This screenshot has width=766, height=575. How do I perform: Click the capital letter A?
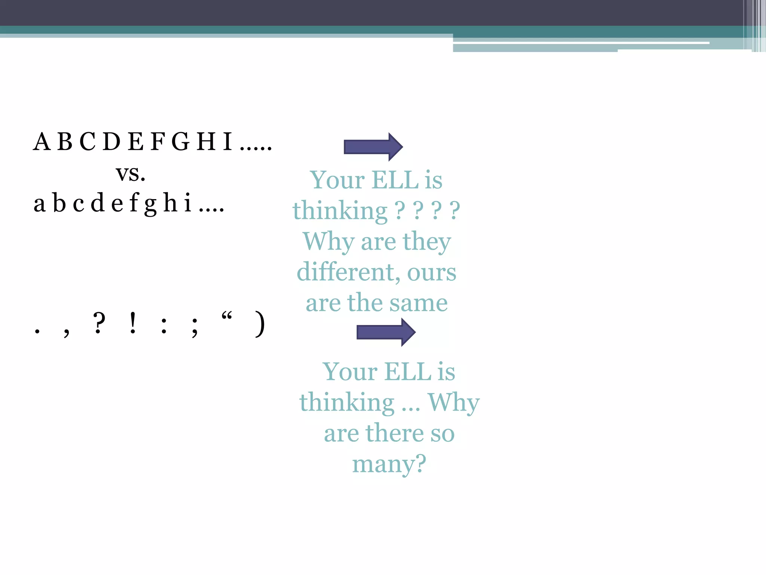(42, 142)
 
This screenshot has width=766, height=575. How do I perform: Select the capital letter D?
(111, 142)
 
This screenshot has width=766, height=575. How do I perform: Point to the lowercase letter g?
(150, 205)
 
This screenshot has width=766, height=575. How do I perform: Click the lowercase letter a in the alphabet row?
(40, 204)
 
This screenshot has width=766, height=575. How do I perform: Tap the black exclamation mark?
(132, 323)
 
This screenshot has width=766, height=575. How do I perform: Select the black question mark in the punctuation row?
(99, 323)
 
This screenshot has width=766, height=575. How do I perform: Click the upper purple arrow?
(373, 147)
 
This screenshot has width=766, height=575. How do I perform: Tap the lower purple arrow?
(386, 332)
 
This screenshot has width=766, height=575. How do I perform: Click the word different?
(346, 272)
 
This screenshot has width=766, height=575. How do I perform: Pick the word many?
(389, 464)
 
